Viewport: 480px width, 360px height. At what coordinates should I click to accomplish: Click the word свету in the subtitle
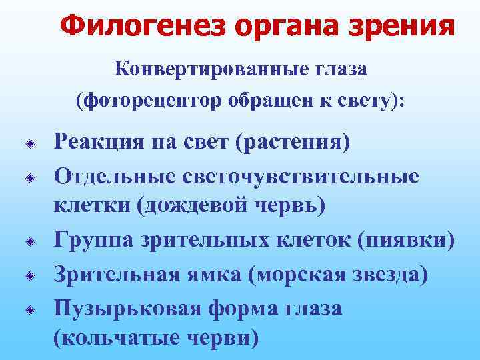click(x=371, y=101)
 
